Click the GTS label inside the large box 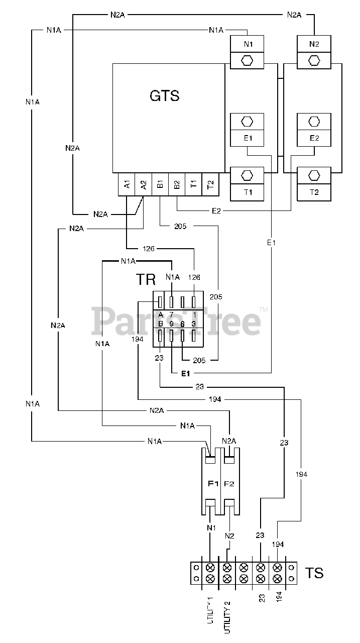(x=164, y=95)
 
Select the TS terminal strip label (x=314, y=573)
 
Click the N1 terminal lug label (x=248, y=44)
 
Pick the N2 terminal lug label (x=314, y=44)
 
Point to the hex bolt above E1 (x=247, y=122)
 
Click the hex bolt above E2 (x=314, y=122)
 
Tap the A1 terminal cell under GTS (x=127, y=184)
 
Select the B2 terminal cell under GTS (x=177, y=184)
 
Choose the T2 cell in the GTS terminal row (x=210, y=184)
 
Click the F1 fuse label (x=213, y=484)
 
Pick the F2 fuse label (x=229, y=484)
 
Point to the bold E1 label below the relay (x=186, y=373)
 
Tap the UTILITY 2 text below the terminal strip (x=227, y=617)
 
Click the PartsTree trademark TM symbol (x=263, y=309)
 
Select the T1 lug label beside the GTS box (x=248, y=192)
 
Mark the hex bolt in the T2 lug (x=314, y=175)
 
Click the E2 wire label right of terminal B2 (x=216, y=211)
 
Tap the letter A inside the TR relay (x=161, y=315)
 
